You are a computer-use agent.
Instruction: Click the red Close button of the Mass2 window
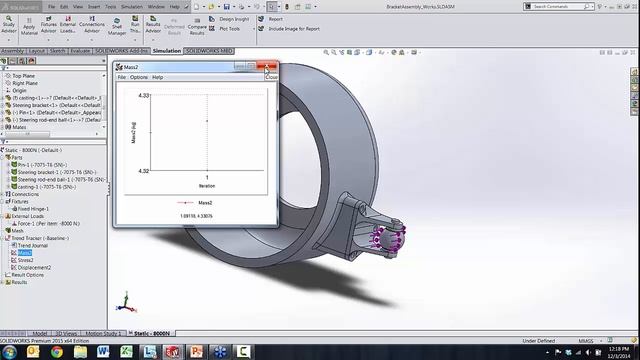coord(267,67)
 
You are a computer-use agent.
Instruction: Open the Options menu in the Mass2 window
coord(139,77)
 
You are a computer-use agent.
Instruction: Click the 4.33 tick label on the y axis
coord(144,95)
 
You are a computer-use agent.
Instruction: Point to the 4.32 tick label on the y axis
coord(144,171)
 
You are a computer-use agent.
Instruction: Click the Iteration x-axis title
coord(206,185)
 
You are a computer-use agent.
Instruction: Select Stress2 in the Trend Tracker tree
coord(26,260)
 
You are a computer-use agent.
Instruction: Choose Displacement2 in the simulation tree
coord(34,267)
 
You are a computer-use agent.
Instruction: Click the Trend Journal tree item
coord(32,246)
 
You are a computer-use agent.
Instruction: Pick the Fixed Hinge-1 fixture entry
coord(36,208)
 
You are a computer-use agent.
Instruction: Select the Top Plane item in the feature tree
coord(23,75)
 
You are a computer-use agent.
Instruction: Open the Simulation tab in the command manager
coord(167,49)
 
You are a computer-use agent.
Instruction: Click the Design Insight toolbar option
coord(234,18)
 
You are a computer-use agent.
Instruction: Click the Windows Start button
coord(8,352)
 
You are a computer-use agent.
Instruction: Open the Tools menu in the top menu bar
coord(111,6)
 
